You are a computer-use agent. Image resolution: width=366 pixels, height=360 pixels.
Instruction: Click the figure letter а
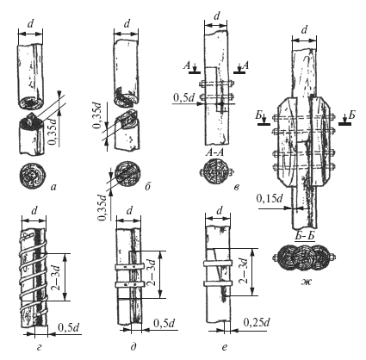[x=53, y=187]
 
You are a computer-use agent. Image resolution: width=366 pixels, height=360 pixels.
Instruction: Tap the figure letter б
[x=148, y=187]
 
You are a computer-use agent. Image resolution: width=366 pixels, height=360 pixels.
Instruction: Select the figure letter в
[x=236, y=187]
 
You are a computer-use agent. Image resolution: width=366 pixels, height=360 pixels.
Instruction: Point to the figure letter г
[x=40, y=348]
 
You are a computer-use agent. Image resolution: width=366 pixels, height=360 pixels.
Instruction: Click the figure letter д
[x=133, y=347]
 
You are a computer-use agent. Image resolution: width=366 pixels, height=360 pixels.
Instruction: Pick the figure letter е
[x=225, y=347]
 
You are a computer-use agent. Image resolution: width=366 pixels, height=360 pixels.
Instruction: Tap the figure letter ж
[x=306, y=282]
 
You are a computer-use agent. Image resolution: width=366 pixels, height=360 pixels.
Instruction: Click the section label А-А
[x=214, y=152]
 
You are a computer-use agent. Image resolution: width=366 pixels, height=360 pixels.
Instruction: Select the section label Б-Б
[x=305, y=236]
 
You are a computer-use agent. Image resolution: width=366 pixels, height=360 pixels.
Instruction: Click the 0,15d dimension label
[x=270, y=198]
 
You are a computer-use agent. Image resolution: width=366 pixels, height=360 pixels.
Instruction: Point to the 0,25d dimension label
[x=257, y=322]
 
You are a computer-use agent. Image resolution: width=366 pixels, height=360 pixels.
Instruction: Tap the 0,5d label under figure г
[x=69, y=327]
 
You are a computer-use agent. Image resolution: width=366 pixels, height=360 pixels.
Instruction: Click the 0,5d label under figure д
[x=164, y=323]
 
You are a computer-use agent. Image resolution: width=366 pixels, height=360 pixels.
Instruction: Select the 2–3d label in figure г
[x=56, y=277]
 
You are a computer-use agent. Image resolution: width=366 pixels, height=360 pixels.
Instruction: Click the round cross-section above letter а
[x=32, y=175]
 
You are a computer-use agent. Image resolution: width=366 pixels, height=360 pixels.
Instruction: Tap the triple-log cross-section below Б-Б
[x=305, y=258]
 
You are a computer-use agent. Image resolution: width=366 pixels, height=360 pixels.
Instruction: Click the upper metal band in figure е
[x=218, y=264]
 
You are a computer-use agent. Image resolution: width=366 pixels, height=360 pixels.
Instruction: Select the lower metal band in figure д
[x=129, y=284]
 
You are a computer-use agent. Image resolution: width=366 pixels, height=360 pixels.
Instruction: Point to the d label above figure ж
[x=305, y=30]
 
